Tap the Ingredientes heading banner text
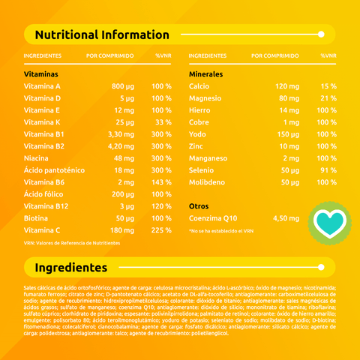coord(71,268)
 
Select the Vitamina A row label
coord(43,86)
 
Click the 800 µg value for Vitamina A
coord(122,86)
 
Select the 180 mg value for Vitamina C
coord(121,229)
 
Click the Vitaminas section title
coord(41,74)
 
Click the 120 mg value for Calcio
coord(287,86)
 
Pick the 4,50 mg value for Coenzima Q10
coord(286,217)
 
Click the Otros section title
coord(199,205)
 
